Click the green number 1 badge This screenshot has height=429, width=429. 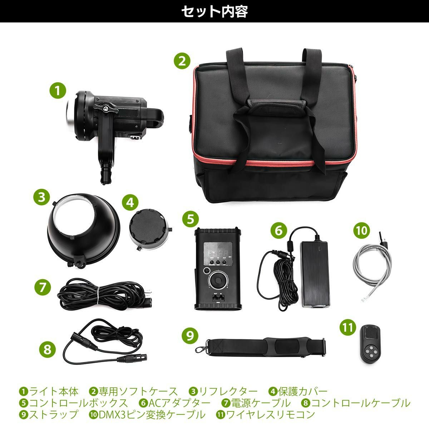[x=58, y=91]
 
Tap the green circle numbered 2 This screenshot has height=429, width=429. [x=182, y=61]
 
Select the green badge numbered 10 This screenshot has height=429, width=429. [x=362, y=230]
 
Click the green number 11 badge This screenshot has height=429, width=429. [x=348, y=327]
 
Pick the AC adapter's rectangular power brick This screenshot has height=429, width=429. [x=314, y=274]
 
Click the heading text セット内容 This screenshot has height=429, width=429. [x=214, y=11]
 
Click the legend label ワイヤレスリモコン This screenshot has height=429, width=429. [x=270, y=414]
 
